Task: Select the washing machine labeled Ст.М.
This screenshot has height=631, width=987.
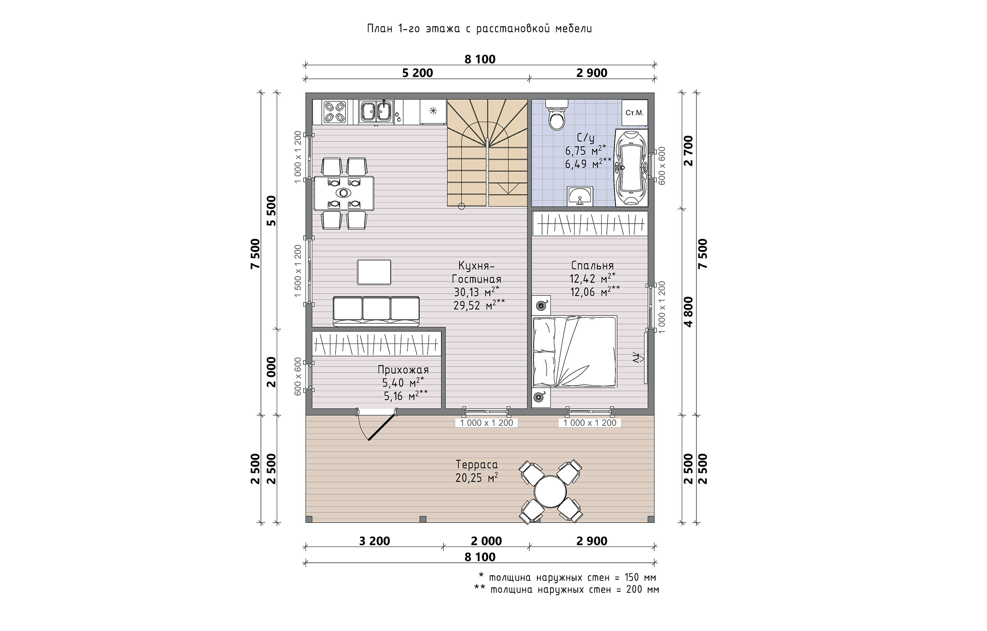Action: click(x=634, y=113)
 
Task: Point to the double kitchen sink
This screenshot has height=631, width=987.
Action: click(x=376, y=112)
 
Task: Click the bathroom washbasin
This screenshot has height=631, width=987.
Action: click(x=580, y=196)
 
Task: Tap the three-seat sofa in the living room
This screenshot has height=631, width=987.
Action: click(x=376, y=312)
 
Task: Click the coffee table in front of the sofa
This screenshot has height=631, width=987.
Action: click(x=373, y=272)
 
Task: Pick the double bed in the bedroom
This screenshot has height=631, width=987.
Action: click(x=574, y=351)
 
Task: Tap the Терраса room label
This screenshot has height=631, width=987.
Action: click(x=477, y=465)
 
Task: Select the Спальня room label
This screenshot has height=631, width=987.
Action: click(x=592, y=265)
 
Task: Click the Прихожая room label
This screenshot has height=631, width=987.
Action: click(x=403, y=370)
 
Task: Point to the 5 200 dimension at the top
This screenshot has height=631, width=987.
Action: click(x=417, y=73)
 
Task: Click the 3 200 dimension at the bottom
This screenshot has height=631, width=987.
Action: click(x=374, y=541)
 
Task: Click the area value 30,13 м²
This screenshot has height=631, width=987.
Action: click(x=477, y=292)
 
